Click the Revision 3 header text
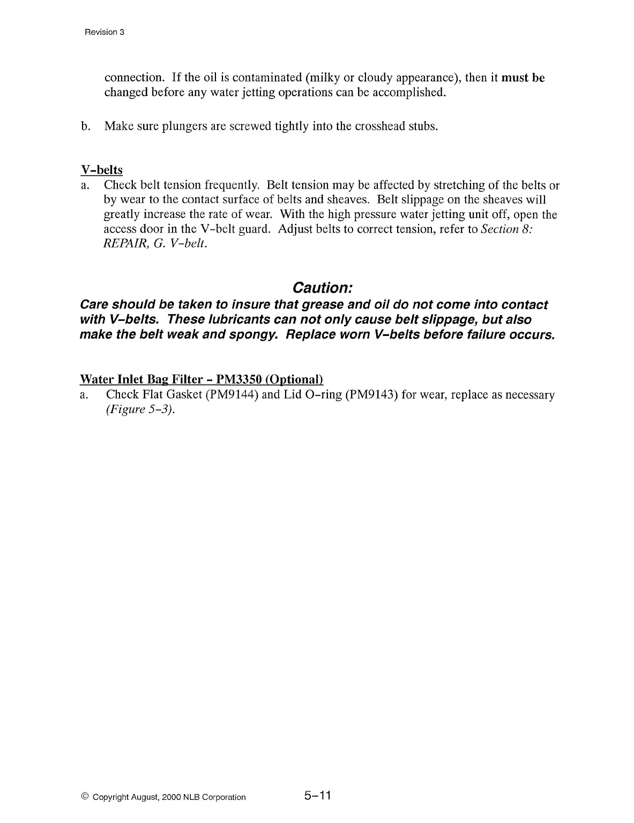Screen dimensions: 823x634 point(105,32)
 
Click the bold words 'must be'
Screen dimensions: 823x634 point(523,78)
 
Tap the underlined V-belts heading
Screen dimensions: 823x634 point(101,170)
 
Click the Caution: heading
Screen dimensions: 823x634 point(322,288)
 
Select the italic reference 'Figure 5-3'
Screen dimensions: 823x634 point(140,410)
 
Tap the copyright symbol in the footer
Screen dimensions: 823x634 point(85,797)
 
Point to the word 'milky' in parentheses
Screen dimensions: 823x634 point(322,78)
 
